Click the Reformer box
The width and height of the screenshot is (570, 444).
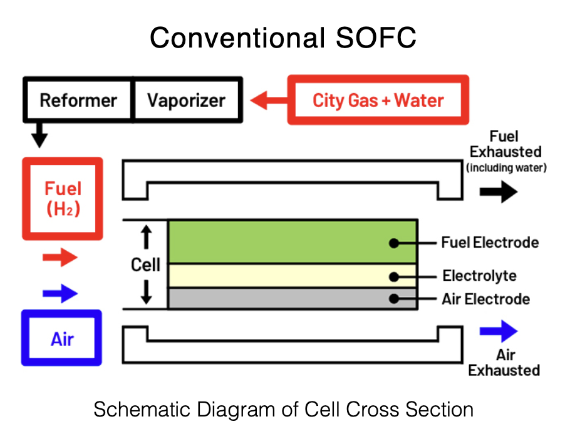click(x=78, y=100)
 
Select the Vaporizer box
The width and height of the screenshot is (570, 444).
click(x=186, y=100)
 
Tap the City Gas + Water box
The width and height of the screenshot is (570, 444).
click(x=378, y=100)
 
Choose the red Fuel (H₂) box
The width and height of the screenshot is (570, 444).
click(x=63, y=198)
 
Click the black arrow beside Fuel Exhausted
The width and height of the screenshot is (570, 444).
click(x=499, y=192)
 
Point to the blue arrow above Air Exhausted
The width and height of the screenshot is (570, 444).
click(x=499, y=331)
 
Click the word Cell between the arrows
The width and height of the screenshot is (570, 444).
click(x=145, y=265)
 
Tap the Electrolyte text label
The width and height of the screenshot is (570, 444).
click(x=479, y=276)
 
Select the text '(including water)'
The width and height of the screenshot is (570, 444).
click(x=506, y=168)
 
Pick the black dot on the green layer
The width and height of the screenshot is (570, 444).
click(x=393, y=243)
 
